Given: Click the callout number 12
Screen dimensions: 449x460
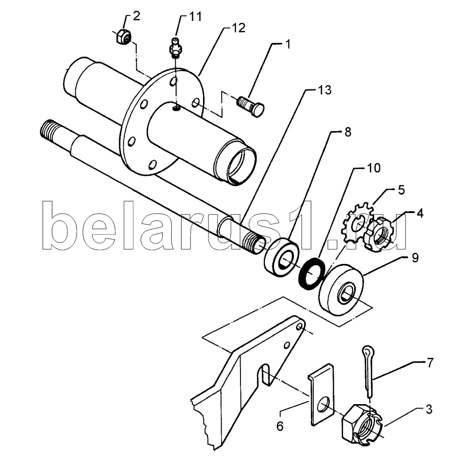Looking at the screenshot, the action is pyautogui.click(x=238, y=28).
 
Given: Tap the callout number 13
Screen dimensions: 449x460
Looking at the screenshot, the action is pyautogui.click(x=325, y=90).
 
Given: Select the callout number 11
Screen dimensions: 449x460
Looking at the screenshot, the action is pyautogui.click(x=195, y=16).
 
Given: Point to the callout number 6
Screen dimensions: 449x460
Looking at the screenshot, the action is pyautogui.click(x=280, y=426).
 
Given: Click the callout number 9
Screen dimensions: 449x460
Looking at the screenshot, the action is pyautogui.click(x=415, y=258).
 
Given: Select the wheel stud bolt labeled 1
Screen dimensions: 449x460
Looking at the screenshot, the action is pyautogui.click(x=250, y=106).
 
